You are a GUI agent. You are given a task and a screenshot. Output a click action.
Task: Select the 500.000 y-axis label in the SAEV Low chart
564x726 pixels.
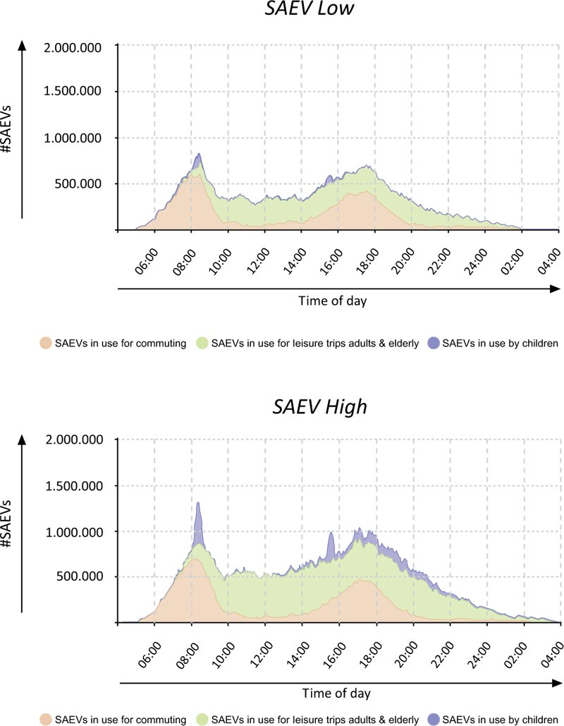pos(84,183)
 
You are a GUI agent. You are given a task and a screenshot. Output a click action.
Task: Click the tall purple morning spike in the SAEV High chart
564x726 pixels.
pos(198,519)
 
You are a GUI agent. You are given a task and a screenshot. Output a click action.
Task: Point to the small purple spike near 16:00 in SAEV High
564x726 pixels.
pos(330,543)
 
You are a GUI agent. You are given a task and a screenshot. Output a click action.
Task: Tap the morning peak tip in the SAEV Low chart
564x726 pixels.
pos(199,155)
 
